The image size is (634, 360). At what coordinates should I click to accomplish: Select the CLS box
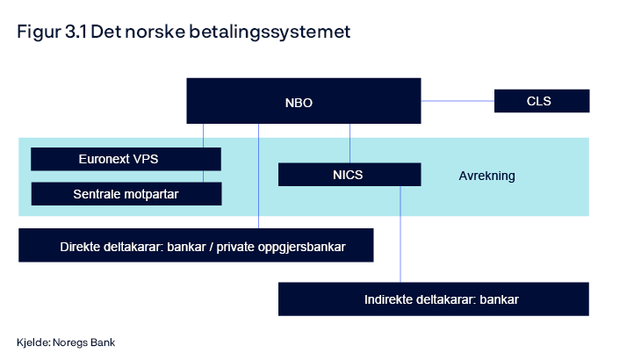pyautogui.click(x=541, y=101)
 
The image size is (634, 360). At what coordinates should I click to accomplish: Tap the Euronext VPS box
pyautogui.click(x=126, y=159)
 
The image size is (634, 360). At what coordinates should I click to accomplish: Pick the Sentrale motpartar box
pyautogui.click(x=126, y=193)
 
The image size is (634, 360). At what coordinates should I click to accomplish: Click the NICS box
pyautogui.click(x=348, y=175)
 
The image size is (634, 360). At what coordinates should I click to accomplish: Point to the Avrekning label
pyautogui.click(x=486, y=176)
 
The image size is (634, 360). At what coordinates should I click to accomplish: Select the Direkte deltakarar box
pyautogui.click(x=196, y=246)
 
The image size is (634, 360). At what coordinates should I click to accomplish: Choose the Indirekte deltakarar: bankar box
pyautogui.click(x=433, y=299)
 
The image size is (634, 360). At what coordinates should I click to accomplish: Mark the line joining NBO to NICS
pyautogui.click(x=350, y=142)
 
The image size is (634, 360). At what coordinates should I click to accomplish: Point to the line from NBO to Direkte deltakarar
pyautogui.click(x=259, y=176)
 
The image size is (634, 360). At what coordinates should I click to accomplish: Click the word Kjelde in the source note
pyautogui.click(x=32, y=342)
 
